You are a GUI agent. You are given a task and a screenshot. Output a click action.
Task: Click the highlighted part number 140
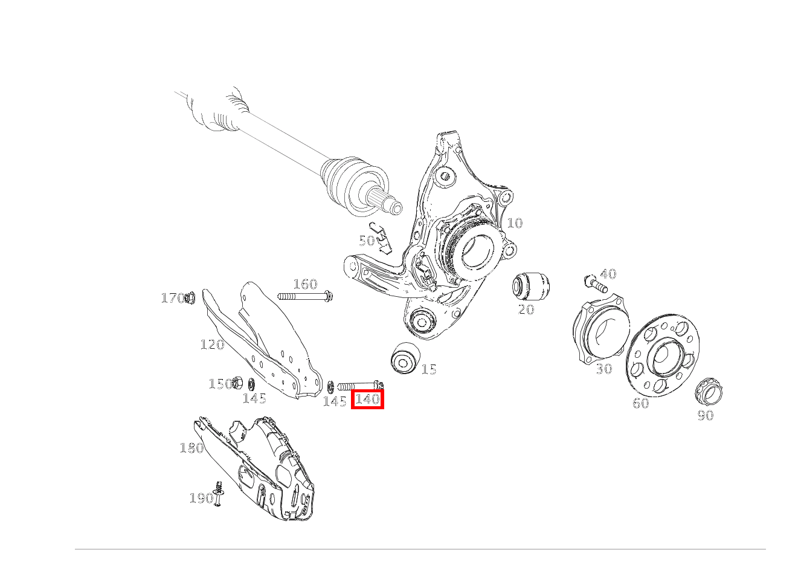click(367, 399)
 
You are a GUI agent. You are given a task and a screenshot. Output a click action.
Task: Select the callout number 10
click(515, 223)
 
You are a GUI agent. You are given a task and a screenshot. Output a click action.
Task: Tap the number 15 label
click(429, 369)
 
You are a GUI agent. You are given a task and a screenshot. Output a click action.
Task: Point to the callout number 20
click(526, 309)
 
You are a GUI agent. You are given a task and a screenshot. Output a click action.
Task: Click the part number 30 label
click(604, 369)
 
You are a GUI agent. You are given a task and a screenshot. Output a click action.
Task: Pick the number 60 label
click(640, 403)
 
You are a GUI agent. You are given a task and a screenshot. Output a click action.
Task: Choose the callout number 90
click(705, 415)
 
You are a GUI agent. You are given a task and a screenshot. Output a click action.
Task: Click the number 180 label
click(191, 448)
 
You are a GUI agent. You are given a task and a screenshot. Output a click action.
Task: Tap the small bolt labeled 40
click(596, 283)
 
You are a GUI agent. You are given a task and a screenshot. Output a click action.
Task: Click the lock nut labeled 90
click(709, 391)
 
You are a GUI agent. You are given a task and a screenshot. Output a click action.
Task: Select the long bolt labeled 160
click(305, 296)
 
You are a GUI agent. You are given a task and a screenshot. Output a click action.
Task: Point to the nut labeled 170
click(190, 297)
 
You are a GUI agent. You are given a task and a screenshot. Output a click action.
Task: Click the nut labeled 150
click(237, 383)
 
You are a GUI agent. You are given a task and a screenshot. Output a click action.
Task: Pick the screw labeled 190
click(218, 493)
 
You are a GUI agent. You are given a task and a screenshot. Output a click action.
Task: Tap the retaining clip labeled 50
click(381, 238)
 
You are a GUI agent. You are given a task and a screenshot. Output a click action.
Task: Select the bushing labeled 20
click(531, 286)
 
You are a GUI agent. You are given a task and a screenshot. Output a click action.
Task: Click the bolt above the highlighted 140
click(361, 386)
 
